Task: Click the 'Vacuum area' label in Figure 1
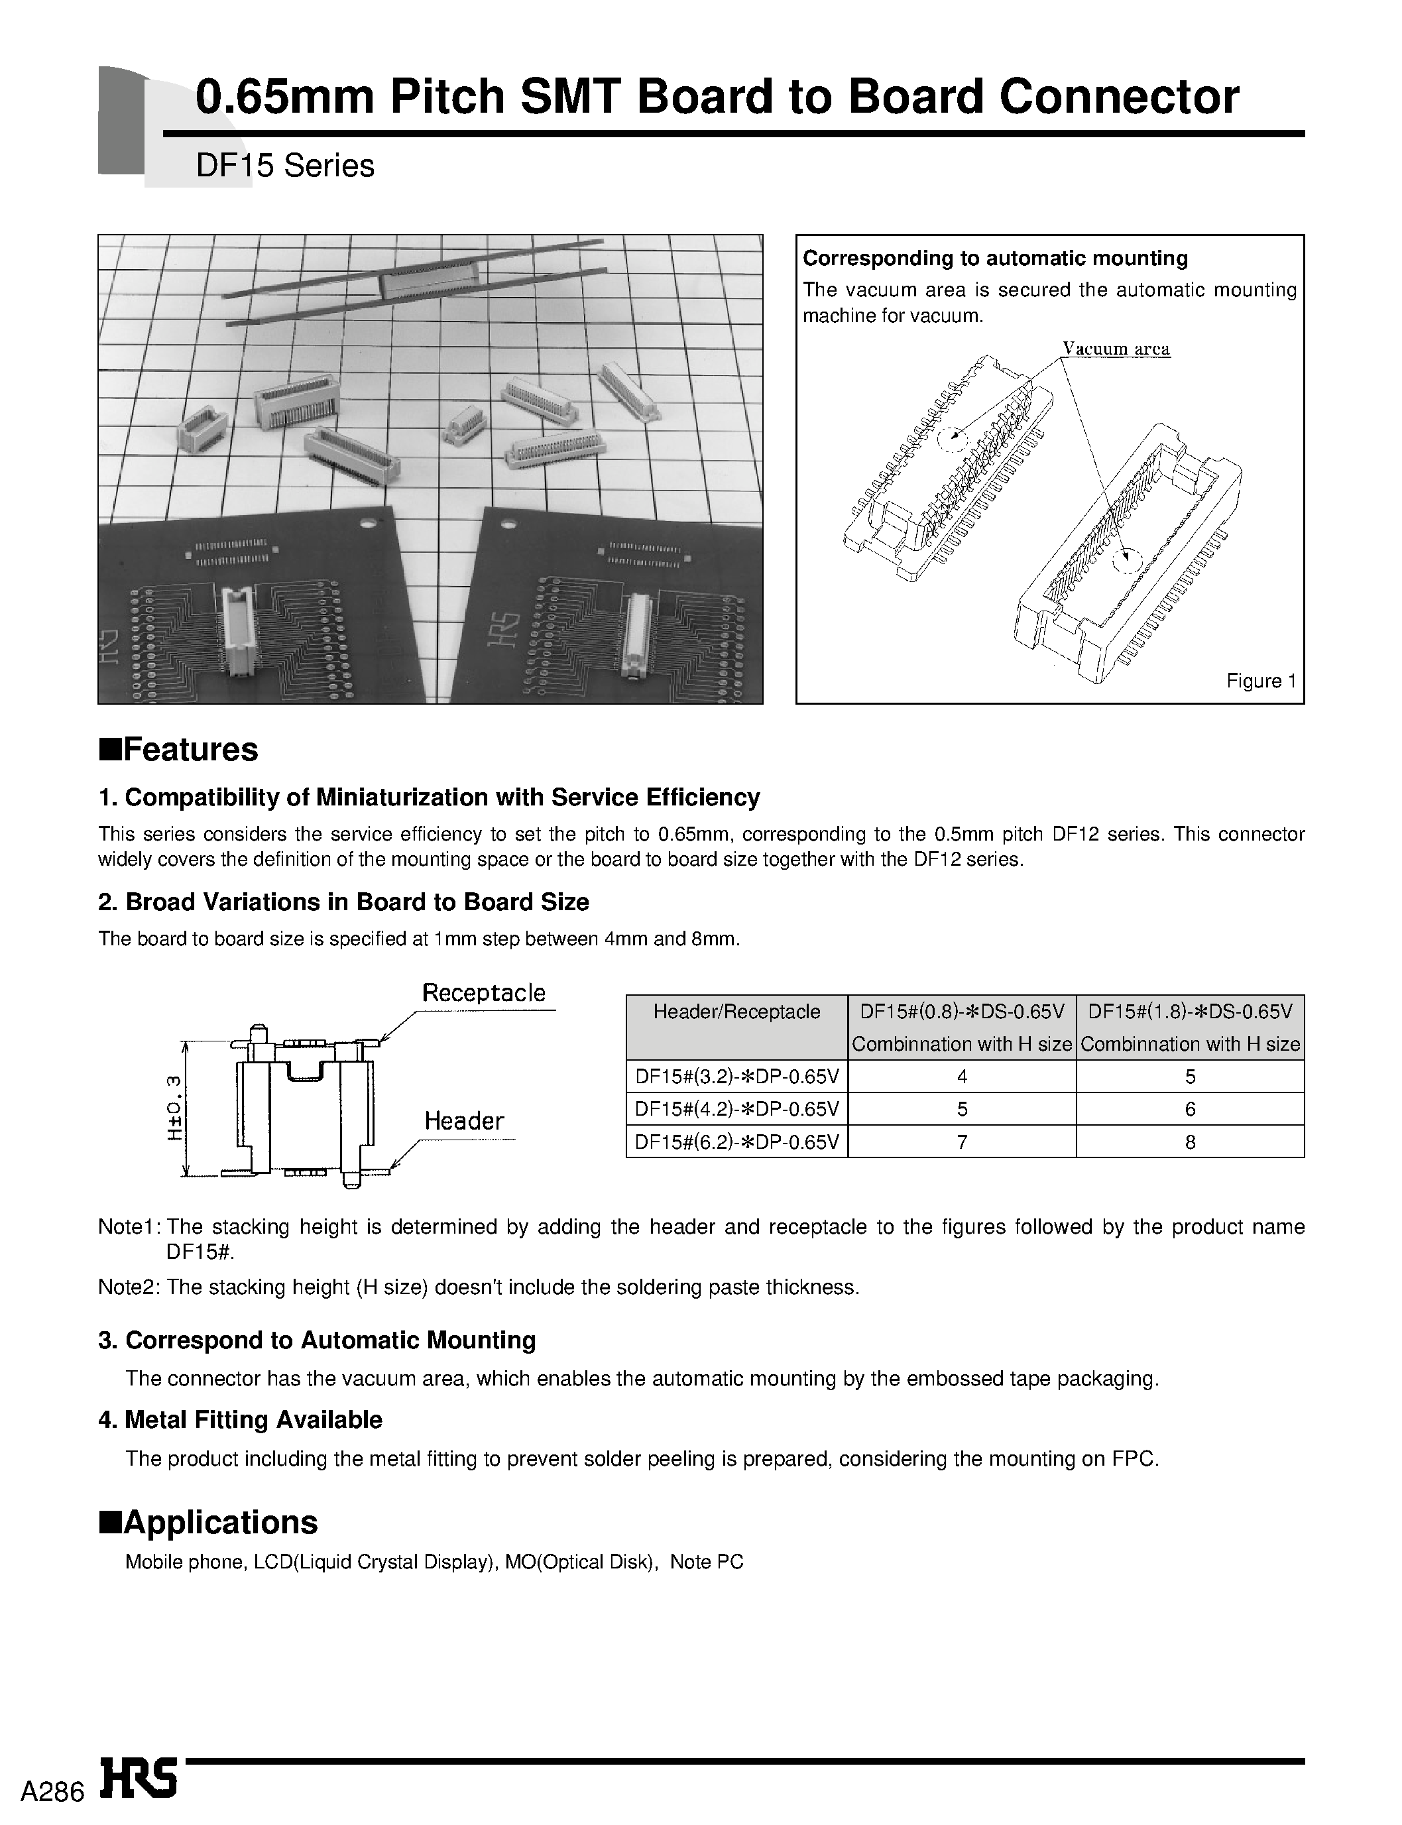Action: tap(1116, 349)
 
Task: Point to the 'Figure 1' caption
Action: tap(1260, 680)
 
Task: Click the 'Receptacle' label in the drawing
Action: tap(483, 992)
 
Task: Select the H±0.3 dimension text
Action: tap(174, 1107)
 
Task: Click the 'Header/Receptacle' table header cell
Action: tap(736, 1012)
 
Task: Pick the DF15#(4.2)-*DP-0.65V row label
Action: tap(736, 1109)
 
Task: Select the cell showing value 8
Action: tap(1189, 1142)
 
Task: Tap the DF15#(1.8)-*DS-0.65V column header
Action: tap(1189, 1012)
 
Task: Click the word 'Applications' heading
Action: tap(220, 1521)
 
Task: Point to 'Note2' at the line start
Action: tap(129, 1287)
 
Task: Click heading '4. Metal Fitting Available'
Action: tap(241, 1419)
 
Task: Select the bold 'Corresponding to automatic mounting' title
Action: tap(995, 258)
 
